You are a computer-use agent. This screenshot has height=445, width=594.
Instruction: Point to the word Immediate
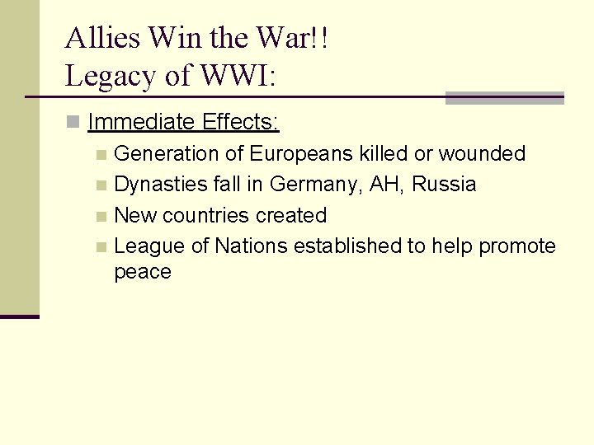coord(141,123)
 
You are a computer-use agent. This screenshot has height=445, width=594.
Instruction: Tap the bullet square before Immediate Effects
coord(73,123)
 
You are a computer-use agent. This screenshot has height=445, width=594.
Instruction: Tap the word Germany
coord(316,184)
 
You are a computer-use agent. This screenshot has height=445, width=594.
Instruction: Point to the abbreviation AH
coord(384,184)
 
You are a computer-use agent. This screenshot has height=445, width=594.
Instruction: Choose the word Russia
coord(444,184)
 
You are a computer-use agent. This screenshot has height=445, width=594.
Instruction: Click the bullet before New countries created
coord(101,217)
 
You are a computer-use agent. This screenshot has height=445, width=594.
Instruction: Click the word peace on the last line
coord(143,272)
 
